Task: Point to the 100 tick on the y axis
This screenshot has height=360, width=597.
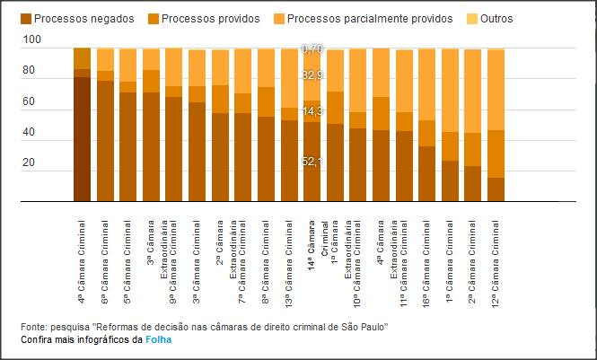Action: pyautogui.click(x=32, y=40)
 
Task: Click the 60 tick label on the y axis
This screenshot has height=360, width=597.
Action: pyautogui.click(x=31, y=102)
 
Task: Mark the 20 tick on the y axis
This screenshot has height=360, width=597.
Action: pyautogui.click(x=31, y=163)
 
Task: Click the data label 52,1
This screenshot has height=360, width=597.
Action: pyautogui.click(x=312, y=162)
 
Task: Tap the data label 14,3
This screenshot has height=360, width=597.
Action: pyautogui.click(x=312, y=111)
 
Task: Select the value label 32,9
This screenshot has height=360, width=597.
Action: pyautogui.click(x=312, y=75)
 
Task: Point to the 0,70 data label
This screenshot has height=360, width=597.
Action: pyautogui.click(x=312, y=48)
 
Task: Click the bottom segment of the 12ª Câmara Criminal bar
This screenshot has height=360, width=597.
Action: pyautogui.click(x=496, y=189)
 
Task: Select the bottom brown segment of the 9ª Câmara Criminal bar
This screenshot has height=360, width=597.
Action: pyautogui.click(x=173, y=149)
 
